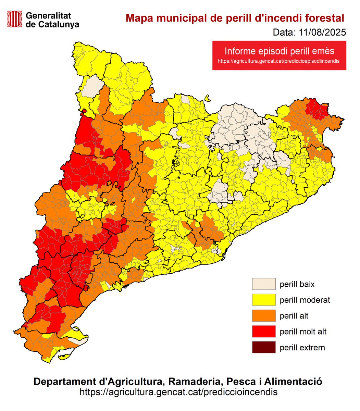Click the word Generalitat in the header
[x=48, y=15]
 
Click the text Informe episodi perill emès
[x=279, y=51]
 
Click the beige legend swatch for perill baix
[x=264, y=284]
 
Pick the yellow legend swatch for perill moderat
[x=264, y=300]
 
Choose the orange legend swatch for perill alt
[x=264, y=316]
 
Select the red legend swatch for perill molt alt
[x=264, y=332]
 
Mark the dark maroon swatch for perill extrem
[x=264, y=347]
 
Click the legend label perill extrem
[x=302, y=348]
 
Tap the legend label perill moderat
[x=305, y=300]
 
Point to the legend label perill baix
[x=297, y=284]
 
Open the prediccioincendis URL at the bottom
[x=178, y=392]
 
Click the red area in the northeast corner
[x=315, y=109]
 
